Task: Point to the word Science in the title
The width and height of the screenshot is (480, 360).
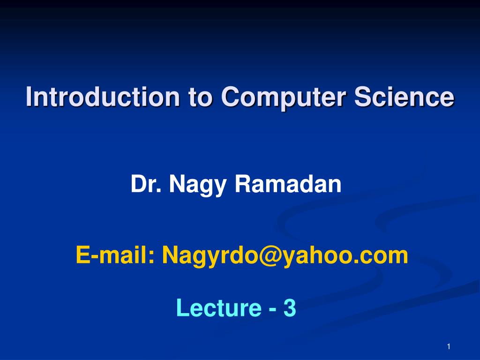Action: [404, 97]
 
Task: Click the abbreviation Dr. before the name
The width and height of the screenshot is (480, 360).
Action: [146, 184]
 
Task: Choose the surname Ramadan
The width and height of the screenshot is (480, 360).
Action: [288, 184]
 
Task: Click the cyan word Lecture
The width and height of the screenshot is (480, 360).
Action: [218, 308]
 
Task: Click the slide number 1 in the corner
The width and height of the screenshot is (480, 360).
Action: [449, 346]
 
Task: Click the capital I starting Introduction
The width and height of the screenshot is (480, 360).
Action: [29, 97]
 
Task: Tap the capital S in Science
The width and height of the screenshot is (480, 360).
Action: [362, 97]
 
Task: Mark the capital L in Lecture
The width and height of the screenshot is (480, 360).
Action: [182, 308]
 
